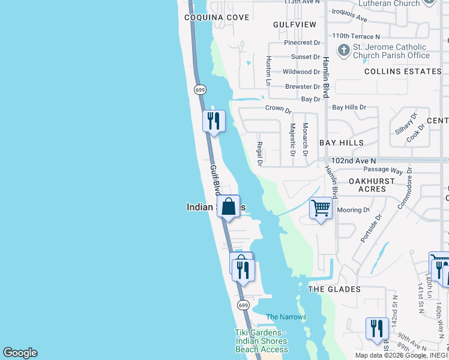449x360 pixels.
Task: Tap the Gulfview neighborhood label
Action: click(x=294, y=25)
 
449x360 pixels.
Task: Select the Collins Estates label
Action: click(x=403, y=71)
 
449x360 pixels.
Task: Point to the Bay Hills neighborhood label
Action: click(x=342, y=143)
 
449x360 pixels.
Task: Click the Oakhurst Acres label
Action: click(x=372, y=185)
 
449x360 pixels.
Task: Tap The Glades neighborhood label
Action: click(x=334, y=289)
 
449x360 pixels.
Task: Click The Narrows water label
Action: click(x=286, y=317)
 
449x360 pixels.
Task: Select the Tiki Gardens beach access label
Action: click(x=261, y=341)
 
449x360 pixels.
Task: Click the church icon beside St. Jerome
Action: click(x=343, y=51)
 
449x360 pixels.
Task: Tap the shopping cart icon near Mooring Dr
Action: click(x=321, y=208)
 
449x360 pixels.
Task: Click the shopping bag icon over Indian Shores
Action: click(x=229, y=207)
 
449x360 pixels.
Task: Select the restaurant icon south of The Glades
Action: click(x=377, y=328)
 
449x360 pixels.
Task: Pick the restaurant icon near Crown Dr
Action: click(x=214, y=121)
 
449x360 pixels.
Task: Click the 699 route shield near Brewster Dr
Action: click(x=200, y=89)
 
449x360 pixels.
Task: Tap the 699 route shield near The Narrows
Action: click(x=243, y=305)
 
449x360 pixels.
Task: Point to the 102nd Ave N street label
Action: click(x=354, y=161)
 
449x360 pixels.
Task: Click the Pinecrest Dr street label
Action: click(x=303, y=43)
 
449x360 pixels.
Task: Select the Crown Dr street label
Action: click(x=278, y=110)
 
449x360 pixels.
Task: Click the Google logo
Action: click(x=20, y=353)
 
